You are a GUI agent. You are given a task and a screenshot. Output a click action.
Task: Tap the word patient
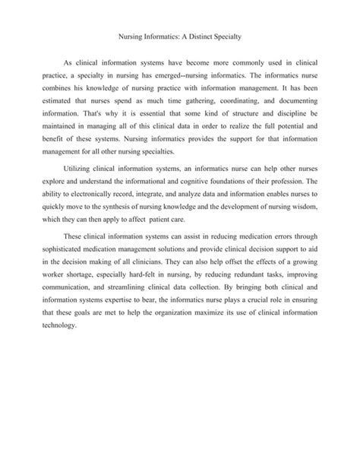[x=196, y=224]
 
